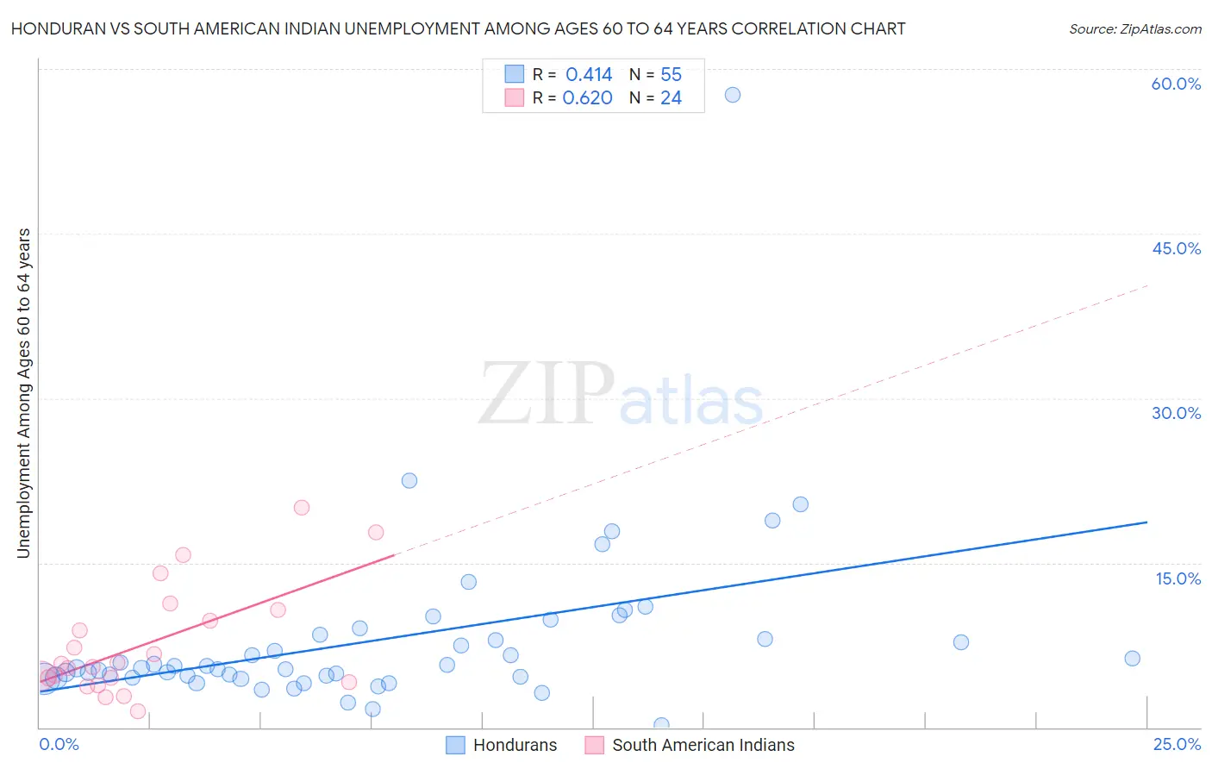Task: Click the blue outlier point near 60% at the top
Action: click(732, 95)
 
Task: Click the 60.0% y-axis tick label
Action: click(1176, 84)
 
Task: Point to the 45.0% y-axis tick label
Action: click(1176, 248)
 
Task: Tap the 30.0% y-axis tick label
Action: click(1176, 413)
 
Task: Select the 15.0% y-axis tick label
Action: click(1178, 578)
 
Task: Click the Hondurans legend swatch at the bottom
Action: click(455, 745)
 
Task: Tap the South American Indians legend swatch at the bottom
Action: click(594, 745)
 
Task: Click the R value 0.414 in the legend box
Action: click(589, 75)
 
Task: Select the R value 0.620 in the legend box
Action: click(587, 98)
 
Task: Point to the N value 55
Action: click(671, 75)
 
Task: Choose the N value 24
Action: click(671, 98)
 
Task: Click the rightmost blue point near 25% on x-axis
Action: click(1132, 659)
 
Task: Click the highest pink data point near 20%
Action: click(301, 508)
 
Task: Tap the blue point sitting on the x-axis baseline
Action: click(661, 725)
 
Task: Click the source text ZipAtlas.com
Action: click(1134, 29)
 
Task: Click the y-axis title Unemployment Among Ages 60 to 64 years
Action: click(23, 393)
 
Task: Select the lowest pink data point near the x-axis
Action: click(137, 711)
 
